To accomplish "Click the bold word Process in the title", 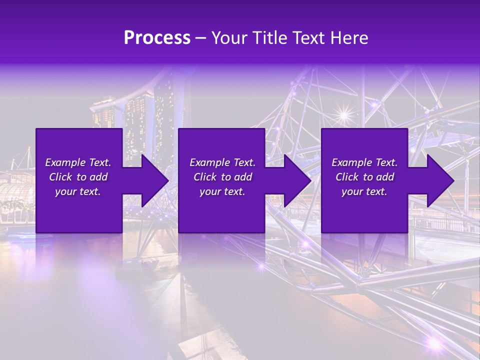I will click(157, 38).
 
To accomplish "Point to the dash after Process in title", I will click(201, 39).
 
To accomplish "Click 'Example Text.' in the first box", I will click(78, 162).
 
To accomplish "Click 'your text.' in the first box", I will click(78, 191).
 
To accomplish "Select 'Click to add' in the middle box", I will click(222, 177).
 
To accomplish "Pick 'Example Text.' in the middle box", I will click(222, 162).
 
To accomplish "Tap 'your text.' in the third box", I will click(364, 191).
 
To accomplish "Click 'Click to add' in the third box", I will click(364, 177).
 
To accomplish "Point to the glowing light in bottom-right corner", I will click(433, 343).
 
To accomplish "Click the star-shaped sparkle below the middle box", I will click(260, 266).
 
